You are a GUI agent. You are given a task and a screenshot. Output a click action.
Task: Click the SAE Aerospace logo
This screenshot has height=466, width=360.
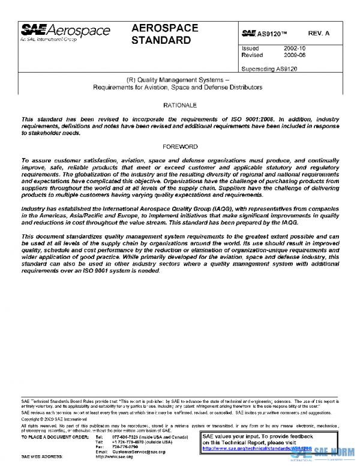coord(65,31)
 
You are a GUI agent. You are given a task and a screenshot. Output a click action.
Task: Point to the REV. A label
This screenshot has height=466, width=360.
coord(319,34)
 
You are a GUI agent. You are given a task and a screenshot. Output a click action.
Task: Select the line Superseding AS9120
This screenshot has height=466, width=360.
coord(269,68)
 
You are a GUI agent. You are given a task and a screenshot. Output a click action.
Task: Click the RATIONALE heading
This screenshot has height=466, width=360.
coord(180,105)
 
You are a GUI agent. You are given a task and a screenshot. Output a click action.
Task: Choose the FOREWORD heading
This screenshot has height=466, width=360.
coord(180,147)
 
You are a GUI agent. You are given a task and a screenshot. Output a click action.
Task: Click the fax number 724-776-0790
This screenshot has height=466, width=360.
coord(124,447)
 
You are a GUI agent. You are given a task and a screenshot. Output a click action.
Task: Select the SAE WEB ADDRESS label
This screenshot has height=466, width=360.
coord(43,457)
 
